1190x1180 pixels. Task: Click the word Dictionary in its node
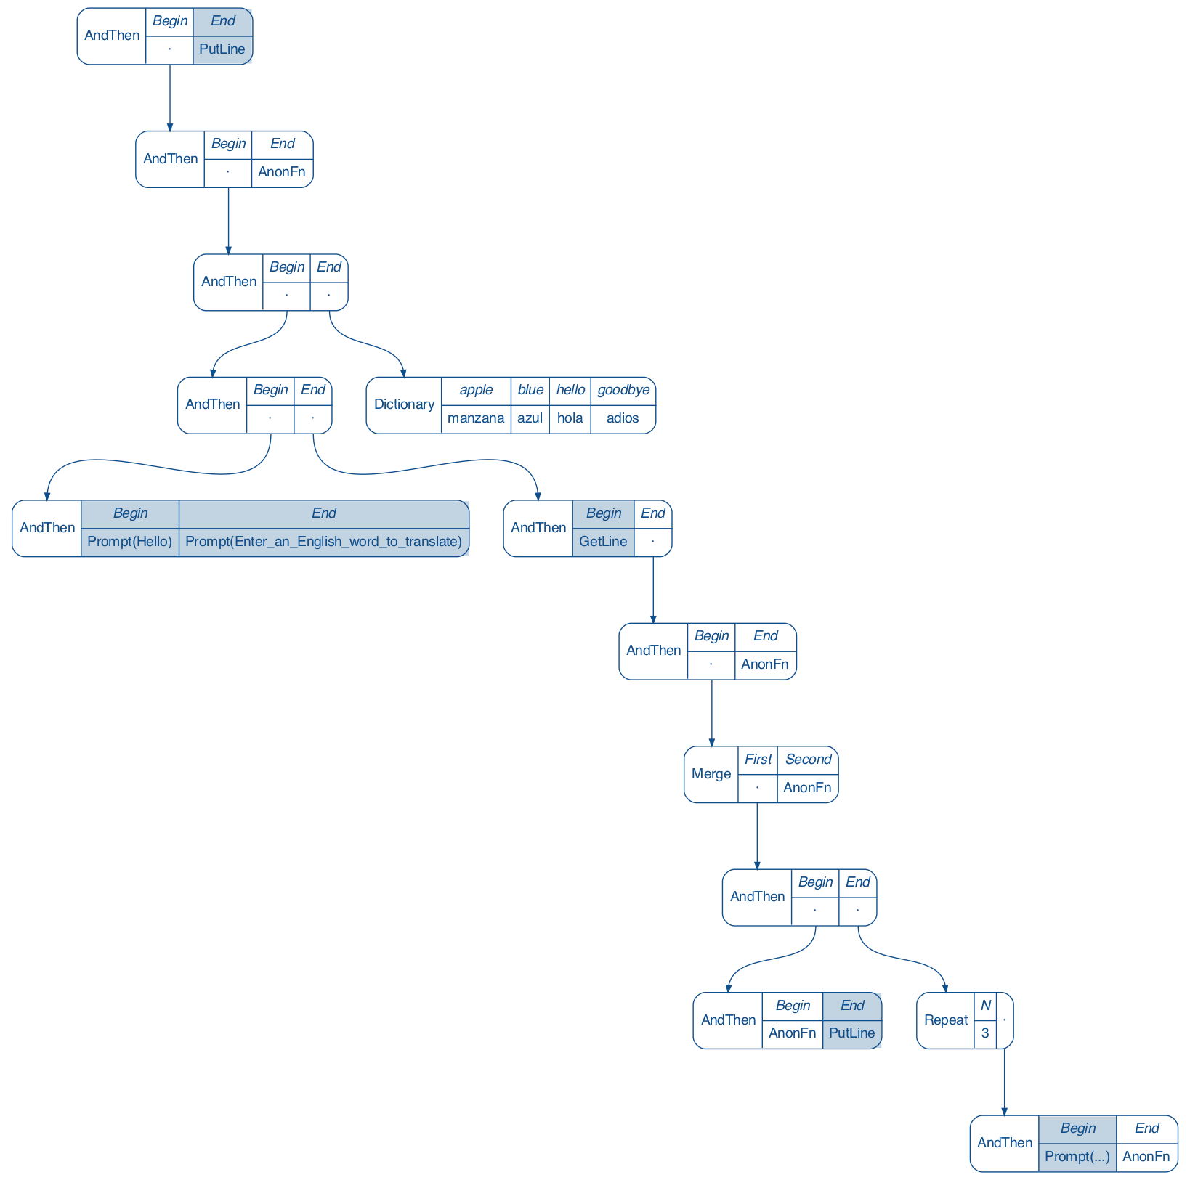[404, 404]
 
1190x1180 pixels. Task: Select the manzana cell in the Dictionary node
[476, 418]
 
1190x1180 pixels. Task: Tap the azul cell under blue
[530, 418]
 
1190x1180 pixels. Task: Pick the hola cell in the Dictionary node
[570, 418]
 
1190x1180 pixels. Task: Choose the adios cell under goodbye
[623, 418]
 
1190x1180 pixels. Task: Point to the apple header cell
[476, 390]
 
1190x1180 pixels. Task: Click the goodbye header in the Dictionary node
[623, 390]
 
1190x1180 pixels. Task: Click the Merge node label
[711, 774]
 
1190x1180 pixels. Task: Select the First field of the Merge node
[758, 760]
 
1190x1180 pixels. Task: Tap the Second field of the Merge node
[808, 760]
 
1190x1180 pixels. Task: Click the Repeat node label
[945, 1020]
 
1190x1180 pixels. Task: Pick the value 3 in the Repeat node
[985, 1033]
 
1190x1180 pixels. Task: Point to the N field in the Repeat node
[985, 1006]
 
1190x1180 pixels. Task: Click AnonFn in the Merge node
[807, 788]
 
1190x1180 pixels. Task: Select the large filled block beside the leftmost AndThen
[275, 528]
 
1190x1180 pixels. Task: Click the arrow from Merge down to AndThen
[757, 835]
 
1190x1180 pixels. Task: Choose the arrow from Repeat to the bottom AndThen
[1004, 1082]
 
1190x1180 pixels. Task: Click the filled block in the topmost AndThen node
[222, 36]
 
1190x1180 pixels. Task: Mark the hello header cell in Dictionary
[570, 390]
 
